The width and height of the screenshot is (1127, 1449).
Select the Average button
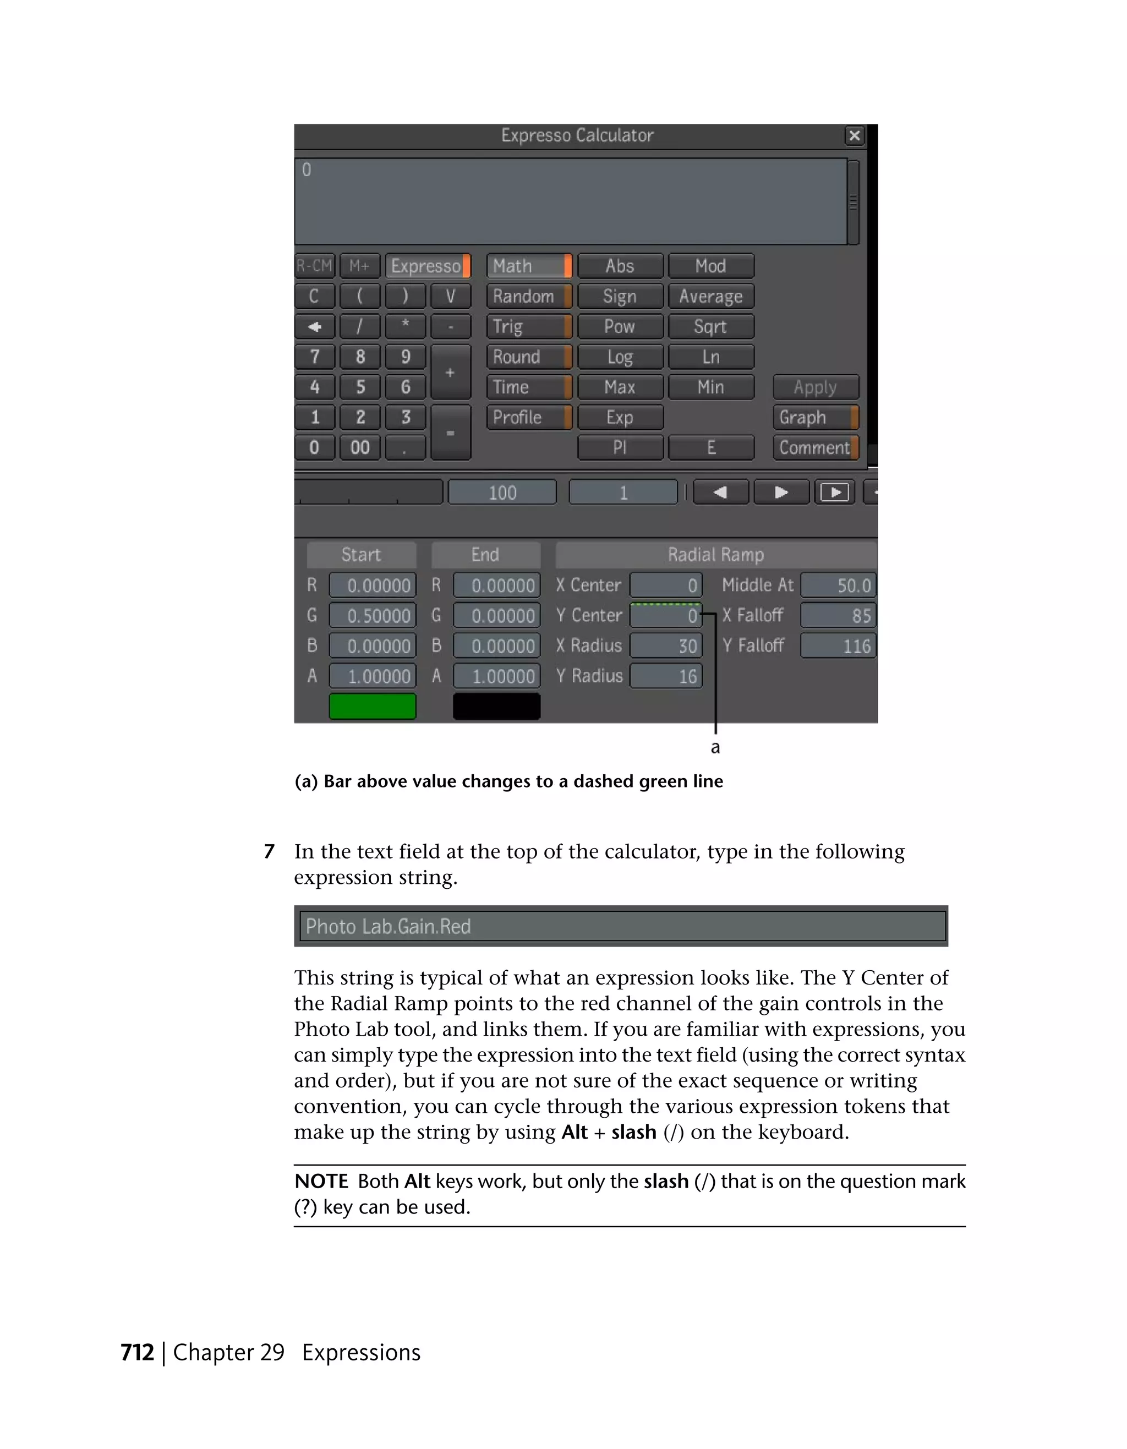click(710, 297)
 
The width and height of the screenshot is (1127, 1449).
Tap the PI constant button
click(620, 448)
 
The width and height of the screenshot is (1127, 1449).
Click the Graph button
click(814, 417)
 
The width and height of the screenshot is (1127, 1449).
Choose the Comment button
click(814, 448)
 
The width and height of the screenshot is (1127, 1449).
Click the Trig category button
click(528, 326)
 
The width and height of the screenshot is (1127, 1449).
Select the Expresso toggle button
click(428, 266)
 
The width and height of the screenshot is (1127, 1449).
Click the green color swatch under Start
click(372, 706)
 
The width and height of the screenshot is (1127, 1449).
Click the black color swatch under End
click(496, 706)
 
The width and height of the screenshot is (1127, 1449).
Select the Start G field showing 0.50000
click(373, 616)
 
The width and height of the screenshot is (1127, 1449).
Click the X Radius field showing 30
click(665, 646)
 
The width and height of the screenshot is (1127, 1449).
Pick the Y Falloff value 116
click(838, 646)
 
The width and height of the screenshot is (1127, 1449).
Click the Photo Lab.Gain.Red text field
click(622, 926)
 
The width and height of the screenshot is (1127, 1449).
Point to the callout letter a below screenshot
click(715, 748)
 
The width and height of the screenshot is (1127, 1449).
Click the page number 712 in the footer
click(138, 1352)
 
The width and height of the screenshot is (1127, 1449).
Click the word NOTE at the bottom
click(321, 1182)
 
